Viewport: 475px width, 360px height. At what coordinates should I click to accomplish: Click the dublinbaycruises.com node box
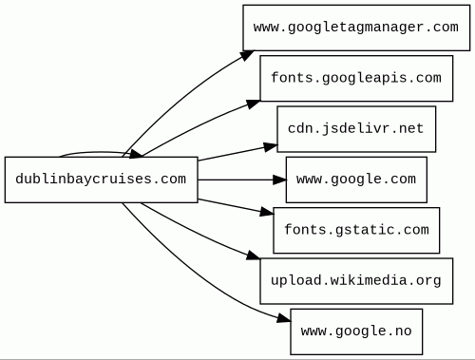pos(102,180)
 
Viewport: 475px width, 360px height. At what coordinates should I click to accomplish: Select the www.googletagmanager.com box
pos(356,28)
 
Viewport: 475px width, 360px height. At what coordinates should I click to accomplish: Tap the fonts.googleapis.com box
pos(356,78)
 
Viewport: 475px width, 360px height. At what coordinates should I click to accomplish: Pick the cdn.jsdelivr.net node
pos(356,129)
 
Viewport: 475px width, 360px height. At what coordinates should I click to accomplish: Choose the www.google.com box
pos(356,180)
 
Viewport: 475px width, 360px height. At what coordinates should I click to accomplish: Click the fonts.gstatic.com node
pos(356,230)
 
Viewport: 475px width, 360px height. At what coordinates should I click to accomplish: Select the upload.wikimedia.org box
pos(356,281)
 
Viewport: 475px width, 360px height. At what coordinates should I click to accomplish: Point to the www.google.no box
pos(356,332)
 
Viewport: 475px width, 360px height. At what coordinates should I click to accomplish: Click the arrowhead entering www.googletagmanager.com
pos(247,55)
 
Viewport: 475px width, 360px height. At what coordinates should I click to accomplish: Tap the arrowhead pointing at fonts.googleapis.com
pos(254,104)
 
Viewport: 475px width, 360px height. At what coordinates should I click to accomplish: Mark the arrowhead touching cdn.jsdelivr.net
pos(271,147)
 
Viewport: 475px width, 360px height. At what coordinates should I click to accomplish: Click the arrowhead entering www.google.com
pos(279,180)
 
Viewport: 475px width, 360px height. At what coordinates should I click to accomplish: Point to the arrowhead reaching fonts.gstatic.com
pos(267,212)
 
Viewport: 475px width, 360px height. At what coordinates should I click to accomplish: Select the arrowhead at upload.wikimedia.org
pos(254,256)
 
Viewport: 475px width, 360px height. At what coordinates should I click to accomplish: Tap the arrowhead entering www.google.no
pos(283,318)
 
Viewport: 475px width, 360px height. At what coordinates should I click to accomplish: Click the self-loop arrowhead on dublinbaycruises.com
pos(137,154)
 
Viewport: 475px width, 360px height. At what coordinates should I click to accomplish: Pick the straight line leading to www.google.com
pos(236,180)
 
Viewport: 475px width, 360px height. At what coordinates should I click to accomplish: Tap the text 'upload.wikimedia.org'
pos(356,280)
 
